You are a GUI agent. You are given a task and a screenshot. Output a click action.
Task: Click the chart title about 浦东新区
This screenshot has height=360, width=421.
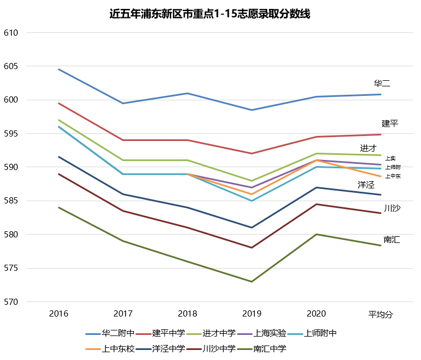tap(210, 14)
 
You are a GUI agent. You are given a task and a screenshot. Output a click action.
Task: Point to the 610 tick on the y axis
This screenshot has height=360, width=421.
tap(11, 33)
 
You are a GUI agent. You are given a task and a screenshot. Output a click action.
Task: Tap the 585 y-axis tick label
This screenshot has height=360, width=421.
tap(11, 201)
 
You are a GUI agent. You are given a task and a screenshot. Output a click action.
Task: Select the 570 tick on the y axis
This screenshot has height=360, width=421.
tap(11, 302)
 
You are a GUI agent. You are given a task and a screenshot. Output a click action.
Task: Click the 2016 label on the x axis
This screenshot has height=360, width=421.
tap(59, 314)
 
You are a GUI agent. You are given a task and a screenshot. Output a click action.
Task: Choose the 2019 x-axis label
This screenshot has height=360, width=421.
tap(251, 314)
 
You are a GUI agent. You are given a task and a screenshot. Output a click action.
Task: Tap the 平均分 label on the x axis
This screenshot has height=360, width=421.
tap(380, 314)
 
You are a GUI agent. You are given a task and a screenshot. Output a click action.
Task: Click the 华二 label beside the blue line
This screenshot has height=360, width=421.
tap(382, 84)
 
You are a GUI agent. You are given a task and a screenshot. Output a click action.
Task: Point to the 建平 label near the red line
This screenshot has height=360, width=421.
tap(390, 123)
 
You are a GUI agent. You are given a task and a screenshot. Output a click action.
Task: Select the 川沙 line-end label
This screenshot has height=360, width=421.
tap(391, 208)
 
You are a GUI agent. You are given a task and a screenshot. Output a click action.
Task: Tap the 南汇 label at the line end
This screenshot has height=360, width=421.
tap(391, 240)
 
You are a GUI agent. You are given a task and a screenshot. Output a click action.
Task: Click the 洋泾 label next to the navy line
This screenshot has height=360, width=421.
tap(366, 184)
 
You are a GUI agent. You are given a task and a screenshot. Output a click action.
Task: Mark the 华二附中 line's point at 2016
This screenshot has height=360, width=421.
tap(59, 69)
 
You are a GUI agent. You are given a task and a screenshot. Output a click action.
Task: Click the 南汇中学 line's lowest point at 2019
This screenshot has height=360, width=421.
tap(251, 281)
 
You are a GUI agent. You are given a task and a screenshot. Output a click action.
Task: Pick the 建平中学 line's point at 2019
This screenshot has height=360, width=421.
tap(251, 153)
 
